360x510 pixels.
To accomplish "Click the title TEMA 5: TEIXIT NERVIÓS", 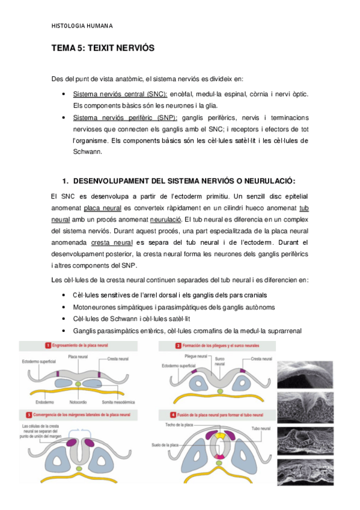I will (x=103, y=52).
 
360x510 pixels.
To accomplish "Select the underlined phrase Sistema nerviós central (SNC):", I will (x=120, y=94).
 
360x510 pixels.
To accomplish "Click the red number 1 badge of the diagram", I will (x=47, y=345).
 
